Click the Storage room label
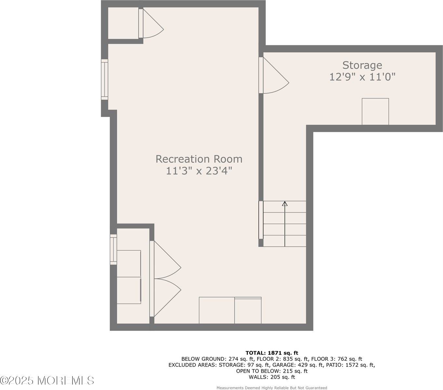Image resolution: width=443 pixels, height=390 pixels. [362, 65]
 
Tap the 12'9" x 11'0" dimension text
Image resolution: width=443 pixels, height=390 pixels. [362, 77]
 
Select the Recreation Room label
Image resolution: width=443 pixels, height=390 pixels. [199, 159]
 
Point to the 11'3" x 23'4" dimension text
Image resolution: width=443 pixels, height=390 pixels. [199, 171]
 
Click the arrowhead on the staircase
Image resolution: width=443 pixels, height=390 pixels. [285, 204]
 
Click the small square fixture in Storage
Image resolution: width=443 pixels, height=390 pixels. [375, 111]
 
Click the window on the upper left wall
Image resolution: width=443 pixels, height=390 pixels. [104, 79]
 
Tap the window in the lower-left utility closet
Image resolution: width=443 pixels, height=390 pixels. [113, 249]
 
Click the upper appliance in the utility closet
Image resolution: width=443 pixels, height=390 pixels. [129, 264]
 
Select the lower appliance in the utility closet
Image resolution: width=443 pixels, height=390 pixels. [129, 290]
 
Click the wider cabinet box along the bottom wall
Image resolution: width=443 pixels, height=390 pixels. [217, 310]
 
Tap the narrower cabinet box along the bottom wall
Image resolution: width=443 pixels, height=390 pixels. [248, 311]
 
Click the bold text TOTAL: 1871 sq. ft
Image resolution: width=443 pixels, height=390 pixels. [272, 353]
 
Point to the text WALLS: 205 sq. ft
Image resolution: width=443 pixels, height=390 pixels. [272, 377]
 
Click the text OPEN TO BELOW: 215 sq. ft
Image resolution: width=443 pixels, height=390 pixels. [272, 371]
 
